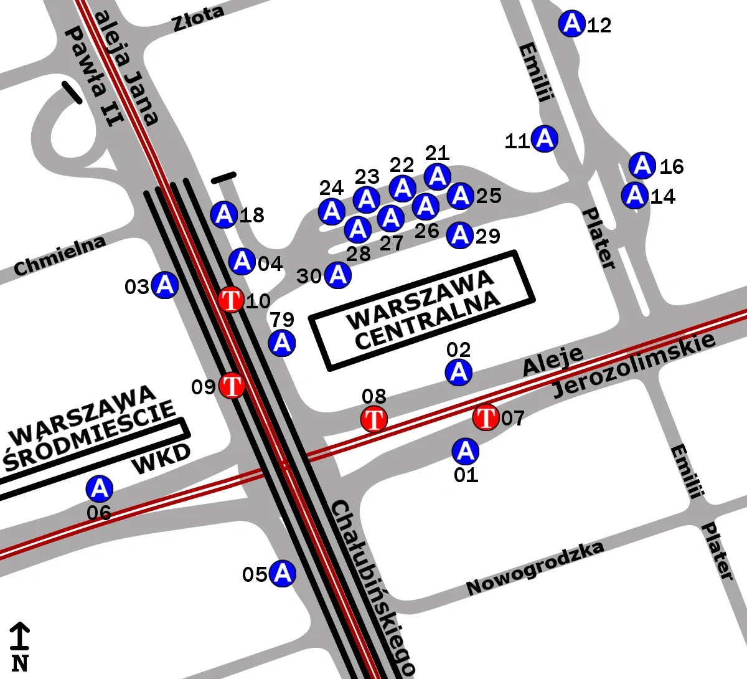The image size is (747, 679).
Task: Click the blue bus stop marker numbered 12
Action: point(571,24)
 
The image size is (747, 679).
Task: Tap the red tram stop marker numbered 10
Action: point(231,300)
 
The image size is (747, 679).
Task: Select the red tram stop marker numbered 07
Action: point(486,417)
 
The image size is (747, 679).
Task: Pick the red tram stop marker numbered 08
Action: point(374,419)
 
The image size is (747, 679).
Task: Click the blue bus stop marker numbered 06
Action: point(99,489)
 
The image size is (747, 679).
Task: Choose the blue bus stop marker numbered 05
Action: point(283,572)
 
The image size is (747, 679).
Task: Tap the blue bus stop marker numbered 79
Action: point(282,343)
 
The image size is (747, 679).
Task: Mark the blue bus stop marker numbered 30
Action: point(338,275)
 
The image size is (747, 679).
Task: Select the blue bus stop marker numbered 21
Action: point(438,176)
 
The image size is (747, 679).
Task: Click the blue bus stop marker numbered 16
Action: point(642,166)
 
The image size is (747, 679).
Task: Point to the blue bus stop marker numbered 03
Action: point(165,285)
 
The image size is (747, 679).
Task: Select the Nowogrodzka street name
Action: point(535,568)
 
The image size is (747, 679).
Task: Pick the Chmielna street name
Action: point(60,255)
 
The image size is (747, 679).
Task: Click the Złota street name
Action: point(198,19)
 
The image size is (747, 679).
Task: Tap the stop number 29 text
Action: point(488,236)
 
